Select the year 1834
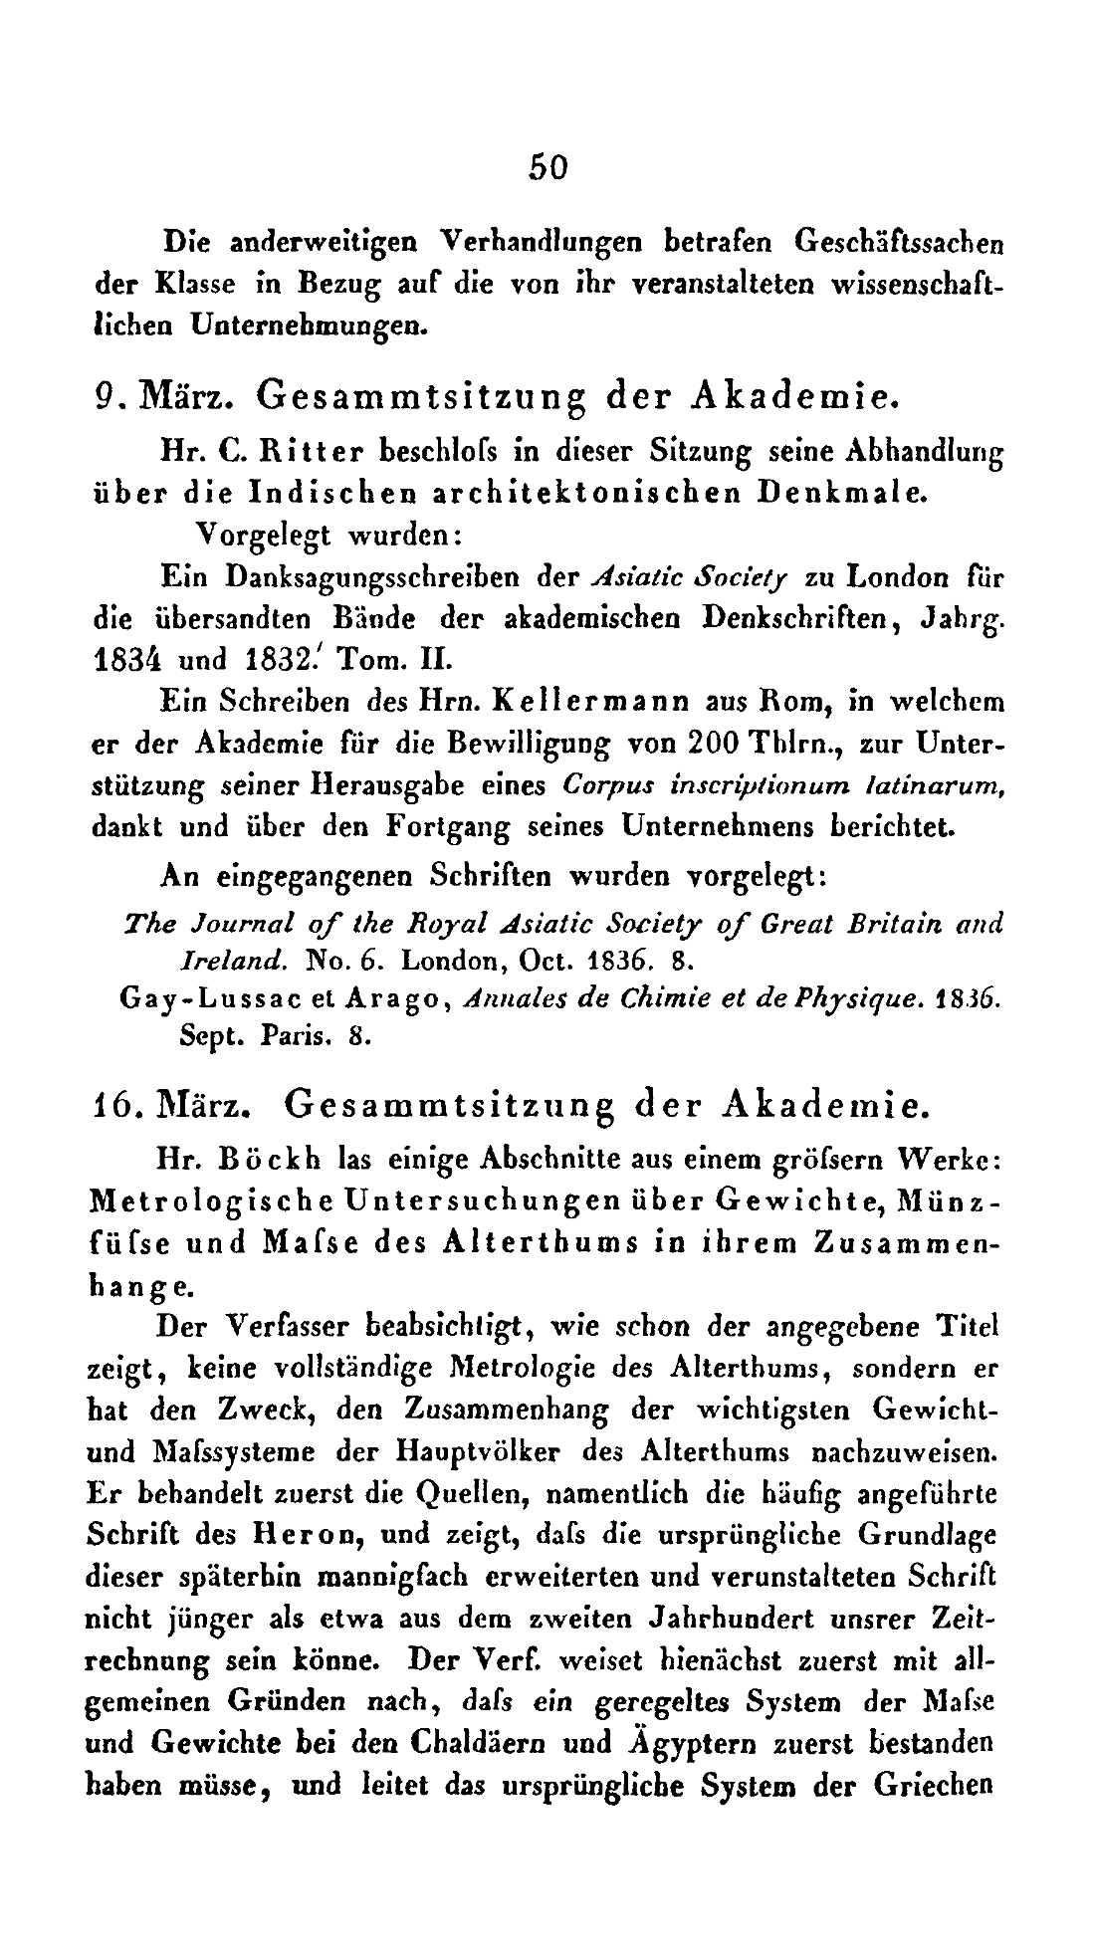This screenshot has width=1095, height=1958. point(127,661)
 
